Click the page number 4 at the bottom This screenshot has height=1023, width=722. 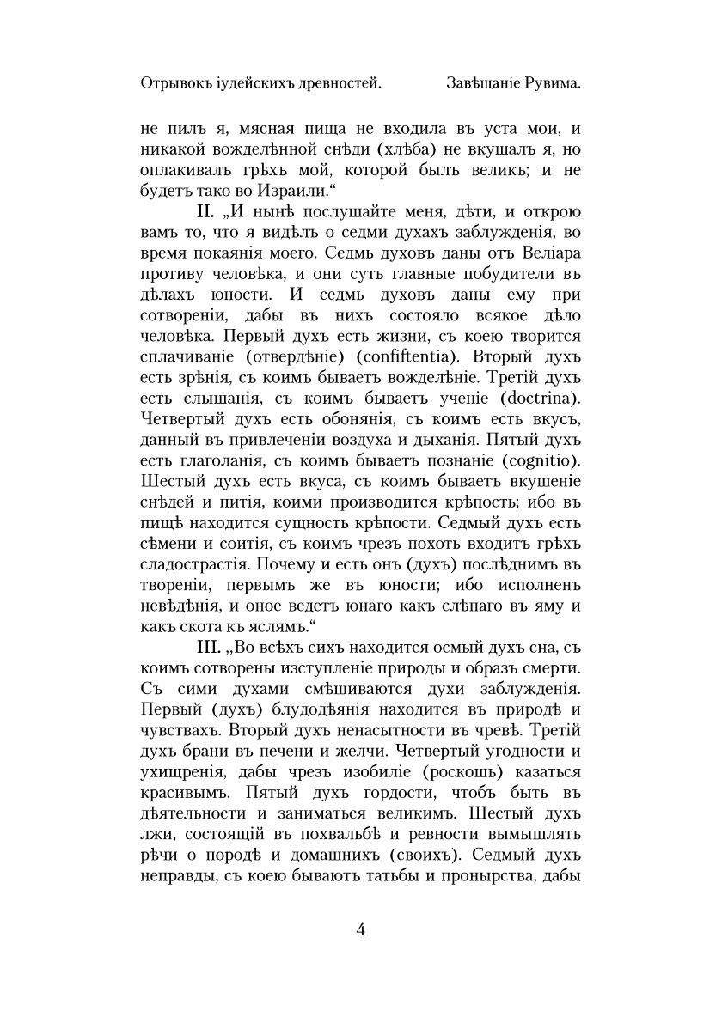pyautogui.click(x=361, y=929)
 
